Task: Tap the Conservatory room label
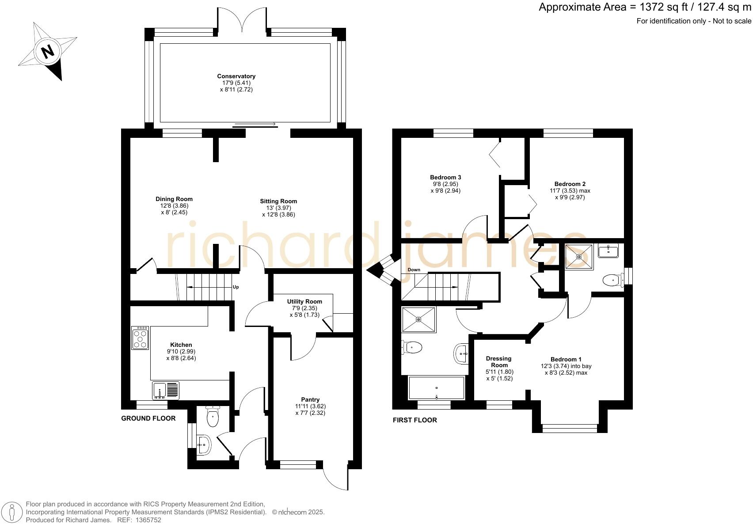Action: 236,76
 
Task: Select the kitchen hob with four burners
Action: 140,338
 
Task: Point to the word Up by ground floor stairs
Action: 236,287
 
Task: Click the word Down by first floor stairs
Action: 414,270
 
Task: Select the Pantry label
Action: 310,399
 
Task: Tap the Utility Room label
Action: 304,301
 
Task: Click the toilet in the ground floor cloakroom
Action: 213,417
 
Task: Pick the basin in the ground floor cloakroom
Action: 204,444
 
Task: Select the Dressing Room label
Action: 498,361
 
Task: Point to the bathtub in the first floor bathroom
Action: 437,387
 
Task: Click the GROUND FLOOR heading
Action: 148,418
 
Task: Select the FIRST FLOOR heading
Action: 415,420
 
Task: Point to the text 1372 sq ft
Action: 659,8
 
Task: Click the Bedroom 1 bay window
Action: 569,428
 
